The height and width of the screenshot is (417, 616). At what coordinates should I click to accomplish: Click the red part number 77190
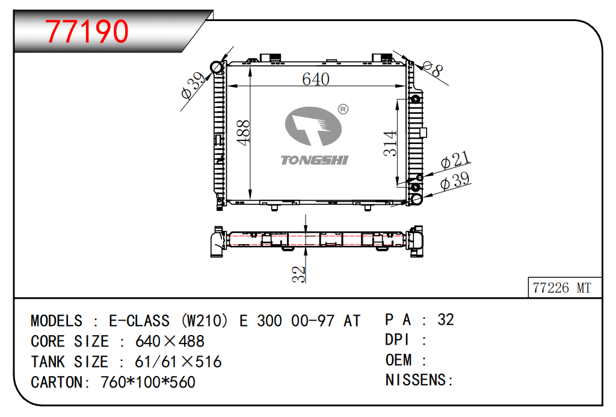pos(87,31)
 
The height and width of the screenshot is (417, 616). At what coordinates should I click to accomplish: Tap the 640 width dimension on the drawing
pos(315,79)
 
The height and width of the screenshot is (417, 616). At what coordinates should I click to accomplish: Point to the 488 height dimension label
pos(244,133)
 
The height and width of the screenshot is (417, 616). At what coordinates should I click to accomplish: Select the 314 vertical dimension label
pos(390,143)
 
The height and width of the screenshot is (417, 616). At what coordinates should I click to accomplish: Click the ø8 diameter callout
pos(433,69)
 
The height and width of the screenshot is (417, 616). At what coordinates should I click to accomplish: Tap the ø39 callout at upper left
pos(193,86)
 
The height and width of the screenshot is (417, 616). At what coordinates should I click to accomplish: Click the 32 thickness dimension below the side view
pos(298,274)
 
